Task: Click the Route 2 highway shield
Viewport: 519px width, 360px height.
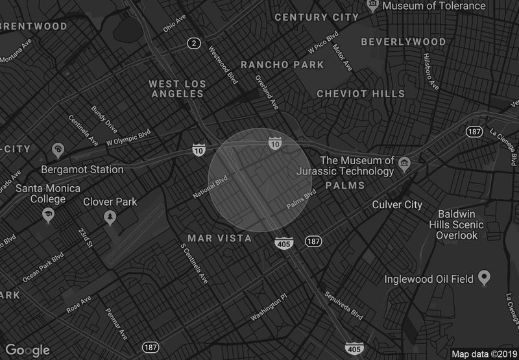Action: [x=193, y=43]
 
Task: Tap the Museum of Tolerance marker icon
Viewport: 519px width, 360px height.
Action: [x=373, y=6]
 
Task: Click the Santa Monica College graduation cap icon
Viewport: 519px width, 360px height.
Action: [x=47, y=213]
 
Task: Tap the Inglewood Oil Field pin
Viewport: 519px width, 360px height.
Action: [x=483, y=278]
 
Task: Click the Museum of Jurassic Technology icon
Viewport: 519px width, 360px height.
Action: [x=405, y=162]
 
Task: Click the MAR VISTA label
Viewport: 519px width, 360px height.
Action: [x=219, y=239]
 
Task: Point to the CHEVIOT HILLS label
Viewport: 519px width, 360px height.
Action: [x=361, y=94]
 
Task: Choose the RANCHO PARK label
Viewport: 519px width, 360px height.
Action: [x=282, y=65]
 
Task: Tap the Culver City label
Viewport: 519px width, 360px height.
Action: [x=397, y=205]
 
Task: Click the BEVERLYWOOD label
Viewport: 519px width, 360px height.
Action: [x=404, y=42]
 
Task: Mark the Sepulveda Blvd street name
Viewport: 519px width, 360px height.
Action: [x=343, y=305]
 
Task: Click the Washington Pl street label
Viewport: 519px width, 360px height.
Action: [x=268, y=307]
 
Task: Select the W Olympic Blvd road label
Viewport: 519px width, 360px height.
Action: [x=128, y=137]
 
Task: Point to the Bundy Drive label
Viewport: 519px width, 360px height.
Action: [x=104, y=117]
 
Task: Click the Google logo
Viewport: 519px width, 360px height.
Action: [x=28, y=350]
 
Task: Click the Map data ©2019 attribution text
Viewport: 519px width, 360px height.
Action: [x=483, y=354]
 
